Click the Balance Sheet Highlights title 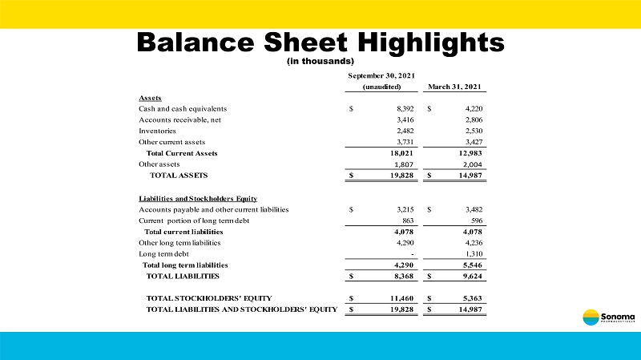tap(320, 42)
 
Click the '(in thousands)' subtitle tap(320, 61)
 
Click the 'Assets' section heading tap(150, 98)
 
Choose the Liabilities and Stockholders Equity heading tap(197, 198)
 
